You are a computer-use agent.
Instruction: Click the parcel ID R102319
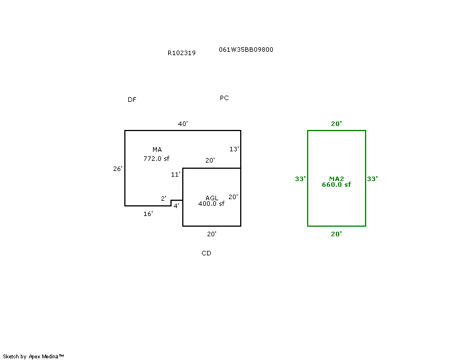tap(182, 53)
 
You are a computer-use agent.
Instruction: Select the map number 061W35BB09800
tap(246, 49)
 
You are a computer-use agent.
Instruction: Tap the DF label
tap(132, 100)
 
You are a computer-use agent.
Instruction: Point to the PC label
tap(224, 98)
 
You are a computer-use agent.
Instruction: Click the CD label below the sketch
tap(206, 253)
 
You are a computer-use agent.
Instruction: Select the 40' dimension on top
tap(183, 124)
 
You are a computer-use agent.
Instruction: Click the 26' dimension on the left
tap(118, 169)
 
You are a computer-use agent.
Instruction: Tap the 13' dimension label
tap(234, 149)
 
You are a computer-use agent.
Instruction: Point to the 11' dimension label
tap(175, 174)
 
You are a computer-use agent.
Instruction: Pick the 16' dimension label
tap(148, 214)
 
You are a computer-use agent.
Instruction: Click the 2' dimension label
tap(164, 199)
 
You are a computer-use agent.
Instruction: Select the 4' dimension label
tap(176, 206)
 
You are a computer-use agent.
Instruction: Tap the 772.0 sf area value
tap(156, 159)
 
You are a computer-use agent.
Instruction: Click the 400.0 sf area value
tap(211, 204)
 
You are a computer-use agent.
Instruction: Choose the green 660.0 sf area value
tap(336, 184)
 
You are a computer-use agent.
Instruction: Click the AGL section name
tap(211, 198)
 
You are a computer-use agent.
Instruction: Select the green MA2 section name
tap(336, 179)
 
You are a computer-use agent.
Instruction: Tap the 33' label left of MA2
tap(300, 179)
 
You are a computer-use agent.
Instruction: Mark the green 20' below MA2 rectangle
tap(336, 234)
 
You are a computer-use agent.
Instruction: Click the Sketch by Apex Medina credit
tap(33, 356)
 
